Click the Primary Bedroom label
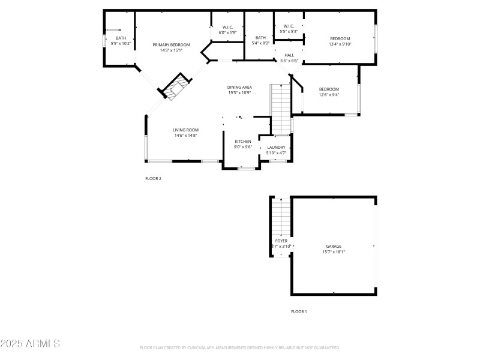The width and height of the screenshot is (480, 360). pos(171,47)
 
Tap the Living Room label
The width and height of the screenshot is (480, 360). pos(185,133)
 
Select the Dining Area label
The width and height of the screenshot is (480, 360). pos(239,89)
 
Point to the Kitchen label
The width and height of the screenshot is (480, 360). pos(242,144)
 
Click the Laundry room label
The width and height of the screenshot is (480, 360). pos(276,150)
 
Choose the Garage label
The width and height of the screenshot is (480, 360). pos(334,249)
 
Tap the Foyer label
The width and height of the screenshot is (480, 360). pos(281,243)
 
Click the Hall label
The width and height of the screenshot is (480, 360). pos(289,58)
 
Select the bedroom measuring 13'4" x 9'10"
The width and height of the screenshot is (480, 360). pos(340,41)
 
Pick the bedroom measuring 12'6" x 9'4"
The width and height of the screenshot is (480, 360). pos(329,92)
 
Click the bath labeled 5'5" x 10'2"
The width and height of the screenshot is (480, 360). pos(121,41)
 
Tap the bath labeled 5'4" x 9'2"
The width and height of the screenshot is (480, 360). pos(260,40)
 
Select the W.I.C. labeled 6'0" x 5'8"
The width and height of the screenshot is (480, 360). pos(227,29)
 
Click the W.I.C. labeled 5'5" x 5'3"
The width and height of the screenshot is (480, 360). pos(288,28)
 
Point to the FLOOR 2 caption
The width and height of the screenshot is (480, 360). pos(154,178)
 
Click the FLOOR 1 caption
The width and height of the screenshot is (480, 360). pos(299,311)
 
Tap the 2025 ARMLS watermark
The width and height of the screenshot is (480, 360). pos(30,344)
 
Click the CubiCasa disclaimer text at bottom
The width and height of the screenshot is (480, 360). pos(240,347)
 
